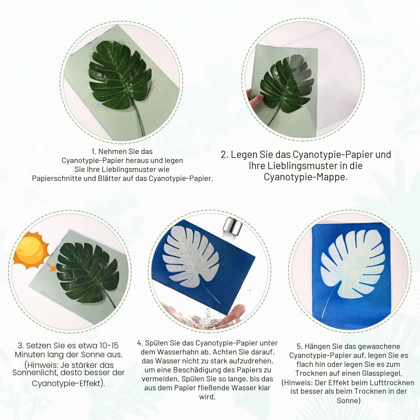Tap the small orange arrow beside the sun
click(x=52, y=267)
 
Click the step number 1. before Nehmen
click(x=94, y=152)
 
